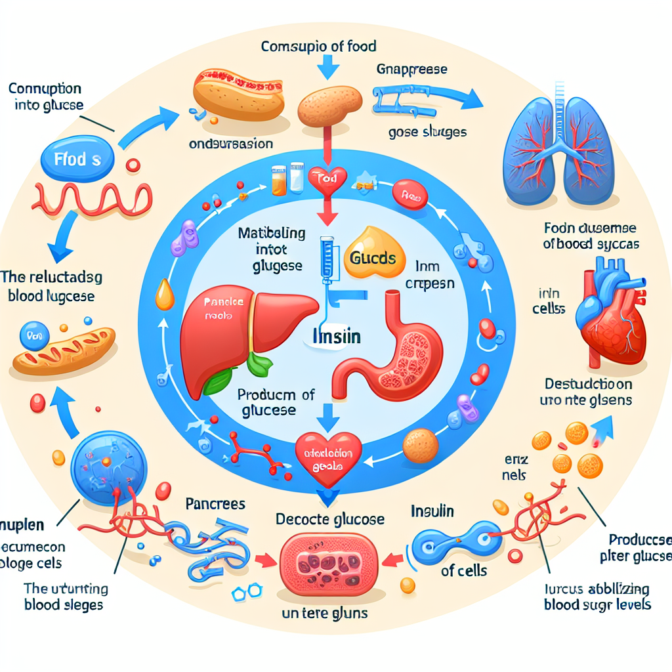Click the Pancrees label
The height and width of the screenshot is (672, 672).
[x=215, y=504]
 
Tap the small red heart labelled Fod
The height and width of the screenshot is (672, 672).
[x=326, y=178]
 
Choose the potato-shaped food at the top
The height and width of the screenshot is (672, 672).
[x=329, y=105]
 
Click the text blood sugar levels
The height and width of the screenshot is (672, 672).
[x=597, y=604]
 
